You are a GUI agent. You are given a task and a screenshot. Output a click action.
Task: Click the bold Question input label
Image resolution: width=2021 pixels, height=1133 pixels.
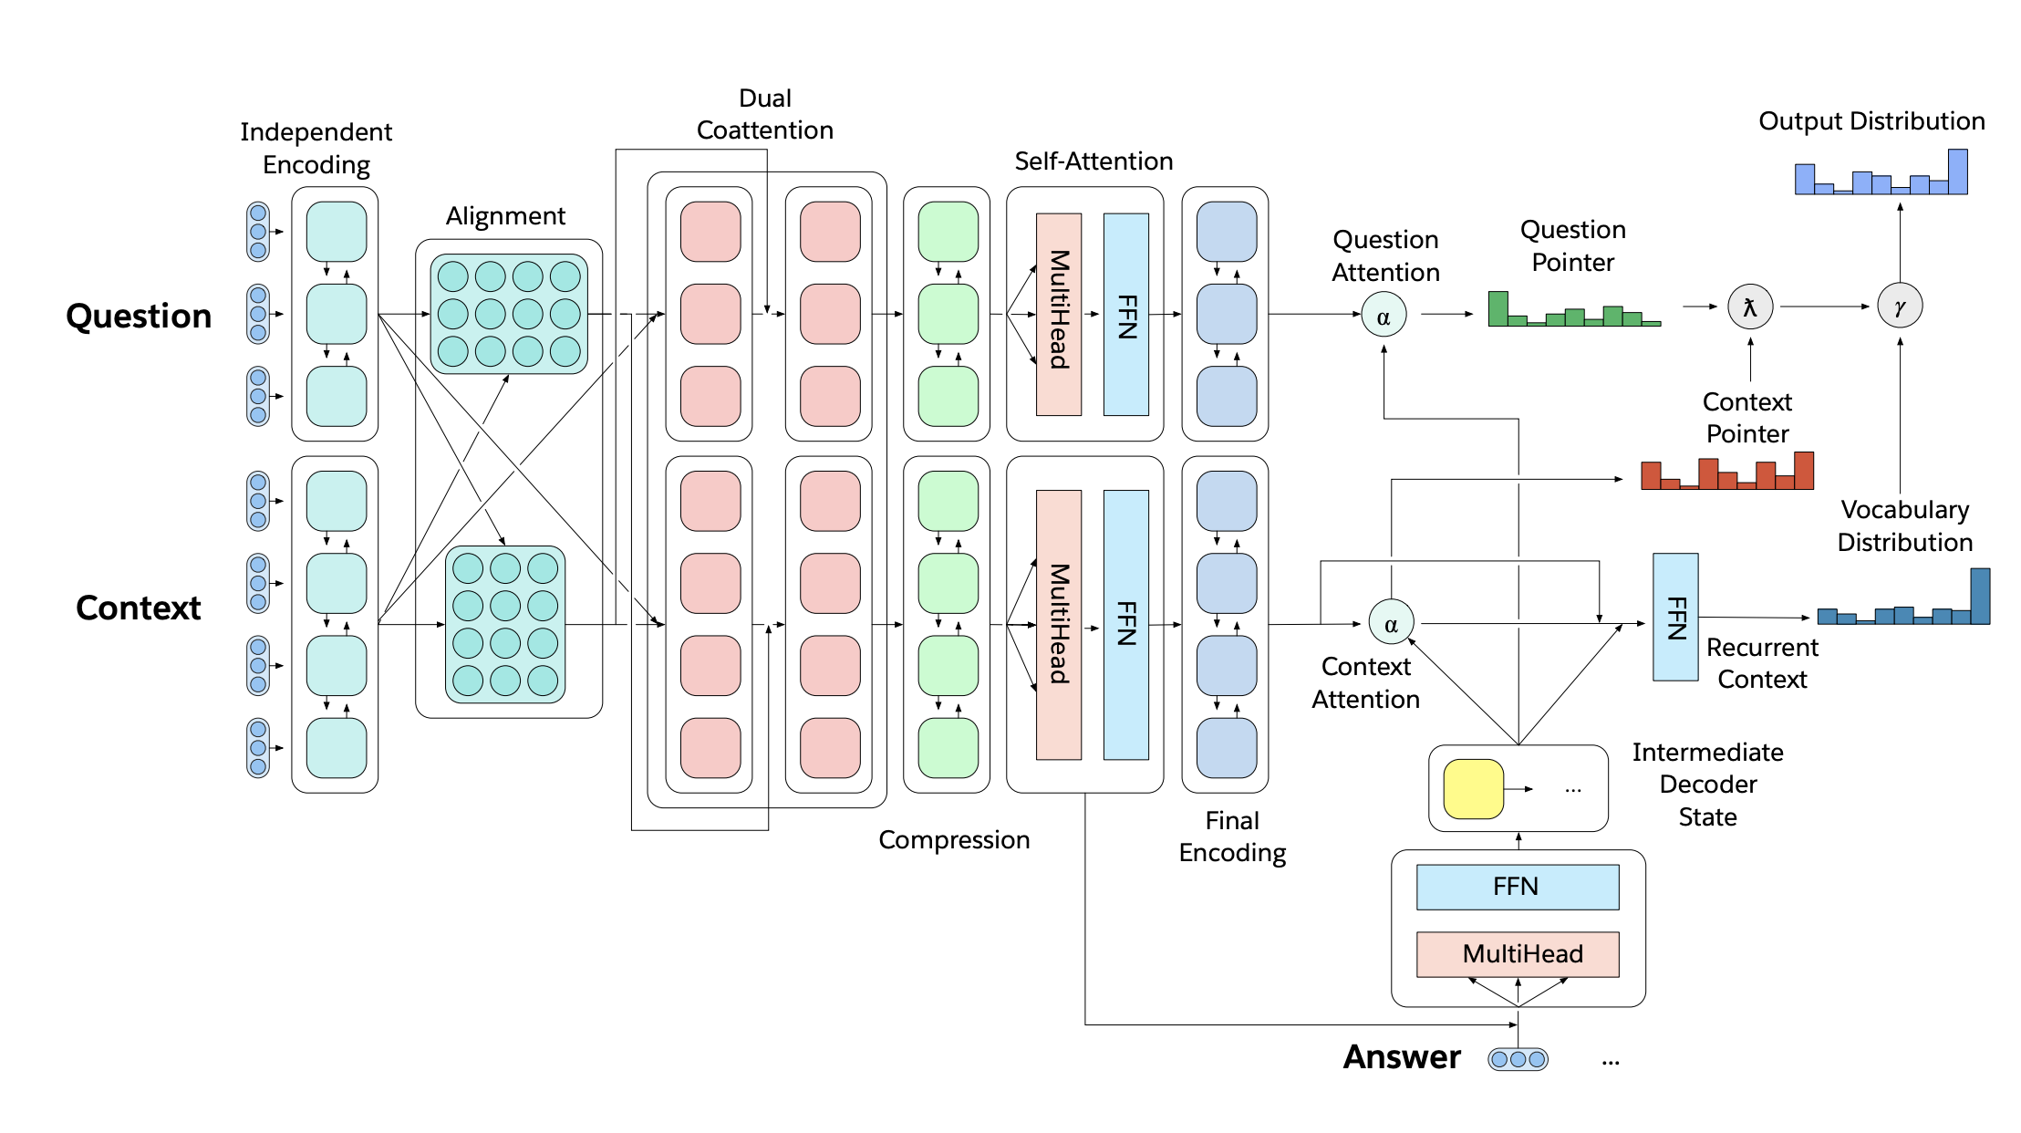pyautogui.click(x=139, y=316)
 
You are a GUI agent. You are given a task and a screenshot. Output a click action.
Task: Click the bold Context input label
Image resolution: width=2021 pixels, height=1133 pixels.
pyautogui.click(x=139, y=608)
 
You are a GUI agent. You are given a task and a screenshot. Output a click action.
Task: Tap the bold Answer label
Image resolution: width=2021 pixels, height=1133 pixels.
pyautogui.click(x=1402, y=1056)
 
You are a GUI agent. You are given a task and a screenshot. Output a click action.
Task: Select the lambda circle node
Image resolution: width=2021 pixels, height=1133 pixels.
pyautogui.click(x=1749, y=307)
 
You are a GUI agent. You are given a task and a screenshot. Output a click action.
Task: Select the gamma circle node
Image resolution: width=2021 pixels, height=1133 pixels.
pyautogui.click(x=1900, y=307)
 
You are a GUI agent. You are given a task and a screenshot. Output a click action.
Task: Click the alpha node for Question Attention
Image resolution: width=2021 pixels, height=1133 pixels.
pyautogui.click(x=1384, y=315)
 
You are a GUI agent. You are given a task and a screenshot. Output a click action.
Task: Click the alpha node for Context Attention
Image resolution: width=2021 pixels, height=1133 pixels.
pyautogui.click(x=1391, y=622)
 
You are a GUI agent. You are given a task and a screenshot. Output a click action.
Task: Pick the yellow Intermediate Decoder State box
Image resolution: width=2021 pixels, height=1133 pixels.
pyautogui.click(x=1473, y=789)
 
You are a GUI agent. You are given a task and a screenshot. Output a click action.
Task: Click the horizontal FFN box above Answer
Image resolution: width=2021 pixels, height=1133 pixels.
pyautogui.click(x=1518, y=887)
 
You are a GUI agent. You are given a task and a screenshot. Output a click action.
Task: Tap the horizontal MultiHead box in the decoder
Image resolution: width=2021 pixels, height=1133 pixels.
pyautogui.click(x=1518, y=954)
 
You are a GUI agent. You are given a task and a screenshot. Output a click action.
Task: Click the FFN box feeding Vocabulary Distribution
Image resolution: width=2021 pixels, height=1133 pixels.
pyautogui.click(x=1675, y=617)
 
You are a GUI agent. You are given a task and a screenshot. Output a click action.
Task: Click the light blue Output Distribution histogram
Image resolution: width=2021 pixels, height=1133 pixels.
pyautogui.click(x=1881, y=176)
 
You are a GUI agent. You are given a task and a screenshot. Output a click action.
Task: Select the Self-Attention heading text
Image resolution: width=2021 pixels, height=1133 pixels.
pyautogui.click(x=1093, y=161)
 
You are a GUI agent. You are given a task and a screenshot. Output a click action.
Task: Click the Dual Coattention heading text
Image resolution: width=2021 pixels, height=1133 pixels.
pyautogui.click(x=764, y=114)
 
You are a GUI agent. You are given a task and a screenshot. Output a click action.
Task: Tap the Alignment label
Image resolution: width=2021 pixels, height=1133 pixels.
pyautogui.click(x=505, y=216)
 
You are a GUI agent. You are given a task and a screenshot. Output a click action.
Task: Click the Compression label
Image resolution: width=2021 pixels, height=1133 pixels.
pyautogui.click(x=954, y=839)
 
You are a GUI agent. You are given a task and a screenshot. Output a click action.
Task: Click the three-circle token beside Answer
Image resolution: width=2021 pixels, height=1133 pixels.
pyautogui.click(x=1518, y=1059)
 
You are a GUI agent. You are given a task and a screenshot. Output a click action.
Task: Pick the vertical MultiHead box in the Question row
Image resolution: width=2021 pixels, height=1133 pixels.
pyautogui.click(x=1059, y=314)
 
